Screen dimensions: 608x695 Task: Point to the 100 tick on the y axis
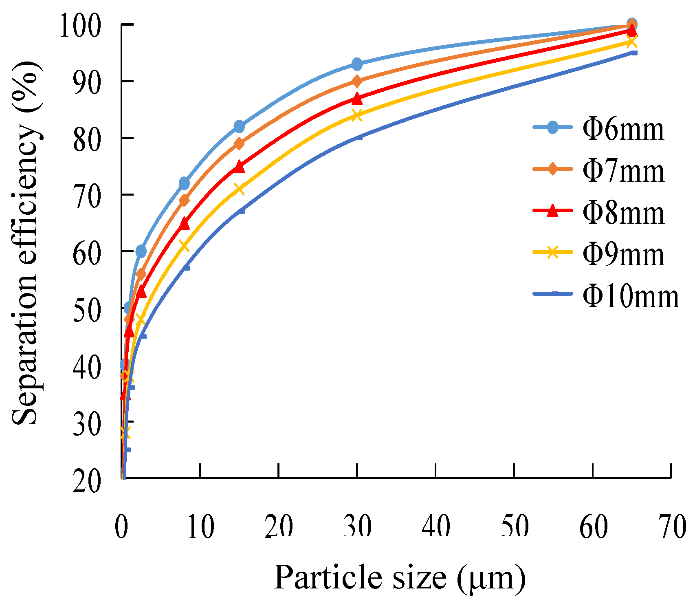click(80, 25)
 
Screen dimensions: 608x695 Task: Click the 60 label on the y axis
click(86, 252)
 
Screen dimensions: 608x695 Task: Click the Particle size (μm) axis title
click(400, 578)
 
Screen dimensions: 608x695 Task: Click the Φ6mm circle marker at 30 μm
click(357, 64)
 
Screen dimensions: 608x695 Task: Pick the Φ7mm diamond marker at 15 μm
click(239, 143)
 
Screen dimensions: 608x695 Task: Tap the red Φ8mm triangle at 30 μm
click(357, 98)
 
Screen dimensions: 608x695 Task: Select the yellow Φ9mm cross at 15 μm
click(239, 189)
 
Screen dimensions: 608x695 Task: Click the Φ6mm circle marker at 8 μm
click(184, 183)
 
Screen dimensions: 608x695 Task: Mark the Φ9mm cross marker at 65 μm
click(631, 42)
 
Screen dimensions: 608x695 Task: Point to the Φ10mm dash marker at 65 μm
click(634, 53)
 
